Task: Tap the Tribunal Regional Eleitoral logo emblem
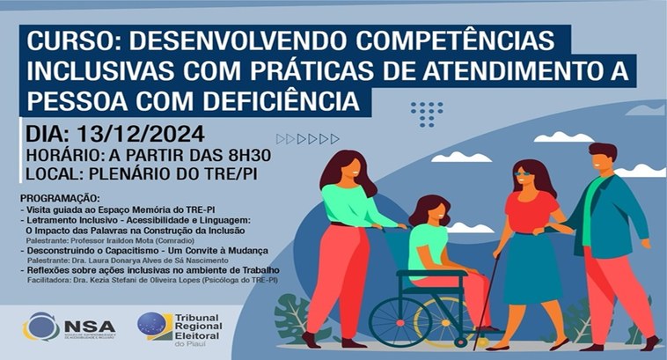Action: (x=155, y=326)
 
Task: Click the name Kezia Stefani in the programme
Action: (x=128, y=278)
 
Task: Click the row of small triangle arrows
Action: (x=307, y=139)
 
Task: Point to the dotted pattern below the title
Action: (x=428, y=113)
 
